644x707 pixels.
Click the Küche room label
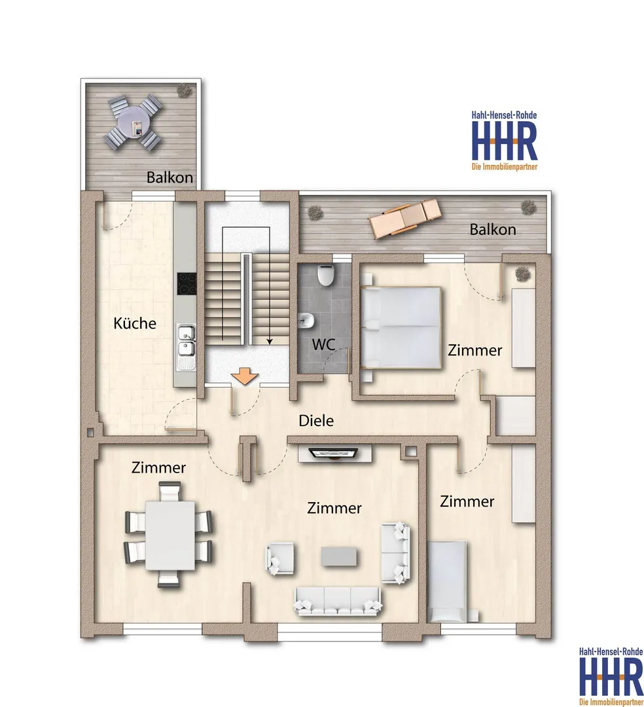(x=135, y=323)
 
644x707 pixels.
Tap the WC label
(x=323, y=344)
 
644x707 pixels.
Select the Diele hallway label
(x=316, y=421)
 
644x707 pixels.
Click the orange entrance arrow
(x=244, y=376)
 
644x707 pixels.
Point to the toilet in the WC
(x=325, y=275)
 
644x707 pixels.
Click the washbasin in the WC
(x=306, y=321)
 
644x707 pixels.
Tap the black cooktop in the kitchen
(x=187, y=284)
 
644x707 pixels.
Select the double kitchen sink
(x=186, y=347)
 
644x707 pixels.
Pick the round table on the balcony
(x=134, y=122)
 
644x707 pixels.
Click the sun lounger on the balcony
(x=404, y=218)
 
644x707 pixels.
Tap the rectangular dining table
(x=170, y=535)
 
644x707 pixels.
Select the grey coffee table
(x=339, y=556)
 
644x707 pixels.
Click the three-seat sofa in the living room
(x=338, y=600)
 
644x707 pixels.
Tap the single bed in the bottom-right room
(x=447, y=582)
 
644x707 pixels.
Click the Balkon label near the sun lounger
(x=493, y=230)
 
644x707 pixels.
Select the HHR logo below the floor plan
(x=611, y=677)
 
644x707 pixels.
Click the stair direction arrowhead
(x=270, y=341)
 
